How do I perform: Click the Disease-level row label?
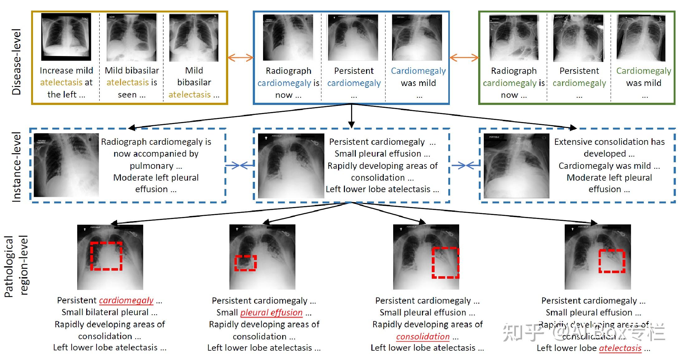tap(16, 62)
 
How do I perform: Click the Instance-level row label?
tap(16, 167)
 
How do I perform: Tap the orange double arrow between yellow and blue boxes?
tap(240, 58)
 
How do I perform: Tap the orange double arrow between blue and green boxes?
tap(464, 58)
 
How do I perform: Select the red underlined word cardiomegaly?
tap(126, 301)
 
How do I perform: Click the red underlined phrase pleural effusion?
tap(271, 312)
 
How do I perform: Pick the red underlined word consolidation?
tap(423, 337)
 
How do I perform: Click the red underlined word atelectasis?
tap(620, 348)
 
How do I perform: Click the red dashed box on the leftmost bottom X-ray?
tap(106, 256)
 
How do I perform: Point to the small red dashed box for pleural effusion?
tap(245, 263)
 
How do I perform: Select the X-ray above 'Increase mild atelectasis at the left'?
tap(66, 37)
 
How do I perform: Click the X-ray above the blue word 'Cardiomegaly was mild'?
tap(417, 37)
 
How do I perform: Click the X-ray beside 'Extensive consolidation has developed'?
tap(516, 166)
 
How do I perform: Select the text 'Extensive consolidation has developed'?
tap(609, 148)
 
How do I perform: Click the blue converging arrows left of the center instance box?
tap(239, 165)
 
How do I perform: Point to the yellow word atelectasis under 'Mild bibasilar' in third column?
tap(189, 95)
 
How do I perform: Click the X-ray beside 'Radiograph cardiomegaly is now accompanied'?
tap(66, 165)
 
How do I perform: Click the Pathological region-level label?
tap(16, 266)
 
